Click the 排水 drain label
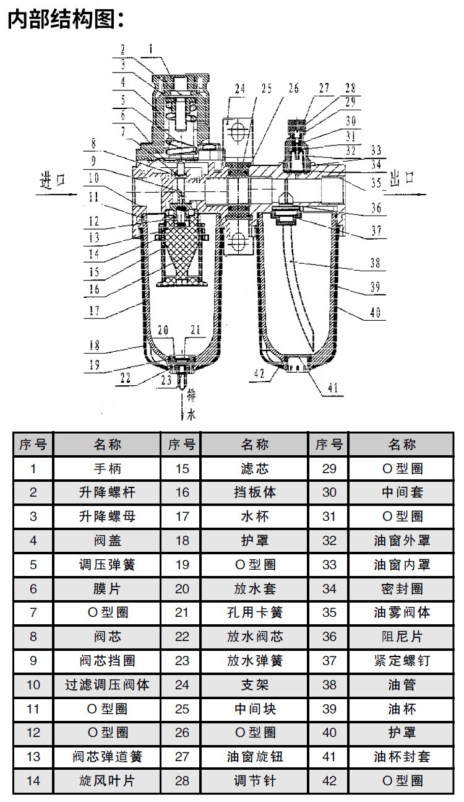click(191, 406)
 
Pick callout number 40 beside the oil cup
click(376, 313)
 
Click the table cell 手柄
click(107, 469)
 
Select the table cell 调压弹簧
click(107, 565)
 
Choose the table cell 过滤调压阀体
click(107, 685)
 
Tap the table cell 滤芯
click(254, 469)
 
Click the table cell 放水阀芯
click(254, 637)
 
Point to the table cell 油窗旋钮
click(254, 757)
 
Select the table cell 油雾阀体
click(402, 612)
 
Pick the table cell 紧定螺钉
click(402, 661)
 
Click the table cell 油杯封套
click(402, 757)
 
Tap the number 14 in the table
click(33, 781)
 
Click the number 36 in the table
click(329, 637)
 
